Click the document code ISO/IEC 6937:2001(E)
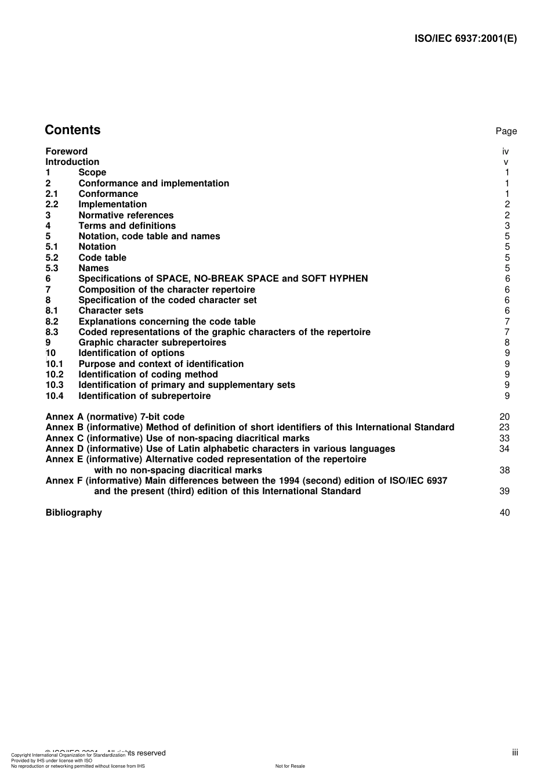tap(465, 39)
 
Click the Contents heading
tap(72, 130)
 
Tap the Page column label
tap(506, 131)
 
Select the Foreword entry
tap(67, 152)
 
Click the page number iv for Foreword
tap(505, 152)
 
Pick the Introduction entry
tap(72, 162)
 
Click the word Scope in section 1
tap(92, 172)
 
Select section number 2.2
tap(52, 204)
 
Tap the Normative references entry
tap(126, 215)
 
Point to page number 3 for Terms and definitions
tap(507, 226)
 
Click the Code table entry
tap(102, 258)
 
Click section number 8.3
tap(52, 332)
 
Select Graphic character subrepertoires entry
tap(152, 343)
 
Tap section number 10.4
tap(55, 396)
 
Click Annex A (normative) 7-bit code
tap(115, 417)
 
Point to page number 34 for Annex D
tap(504, 449)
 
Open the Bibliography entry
tap(74, 513)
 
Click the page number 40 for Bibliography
tap(504, 513)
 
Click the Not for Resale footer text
tap(290, 766)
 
